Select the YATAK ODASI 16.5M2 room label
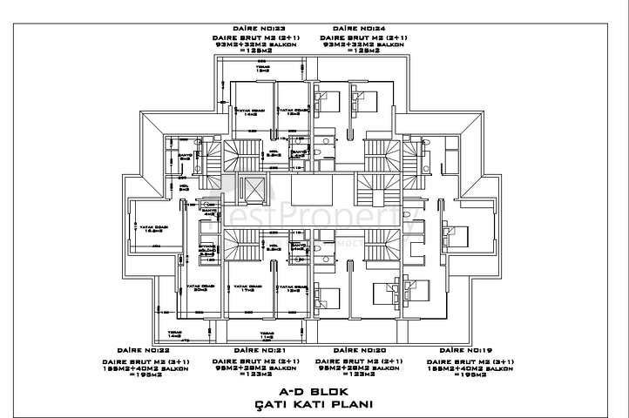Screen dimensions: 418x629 pos(153,228)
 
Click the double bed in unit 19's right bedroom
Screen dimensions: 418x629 pos(457,232)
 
